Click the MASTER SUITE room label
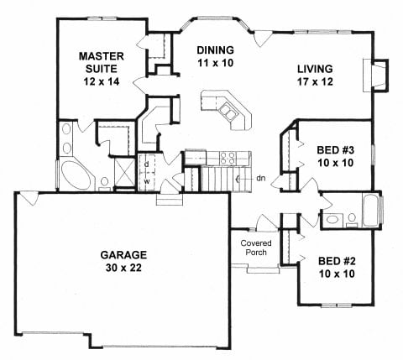point(102,69)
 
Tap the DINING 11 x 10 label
point(215,56)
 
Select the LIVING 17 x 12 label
point(315,75)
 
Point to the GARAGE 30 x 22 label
point(123,261)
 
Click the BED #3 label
point(335,156)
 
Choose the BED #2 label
point(337,267)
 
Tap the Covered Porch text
point(256,248)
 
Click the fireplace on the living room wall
point(376,76)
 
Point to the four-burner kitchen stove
point(228,158)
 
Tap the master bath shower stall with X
point(125,172)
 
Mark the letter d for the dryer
point(146,164)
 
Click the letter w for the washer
point(147,181)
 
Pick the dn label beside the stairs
point(261,178)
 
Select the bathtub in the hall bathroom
point(371,210)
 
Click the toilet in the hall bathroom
point(352,220)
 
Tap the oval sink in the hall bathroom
point(332,219)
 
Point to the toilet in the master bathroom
point(105,184)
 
